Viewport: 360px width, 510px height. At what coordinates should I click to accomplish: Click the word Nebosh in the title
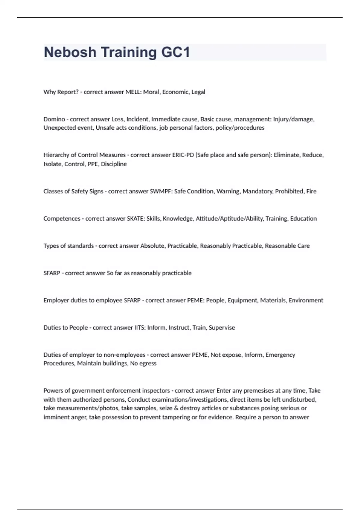pos(70,52)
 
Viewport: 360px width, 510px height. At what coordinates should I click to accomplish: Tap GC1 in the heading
pos(175,52)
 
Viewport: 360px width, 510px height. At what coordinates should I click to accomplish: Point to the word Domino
pos(54,119)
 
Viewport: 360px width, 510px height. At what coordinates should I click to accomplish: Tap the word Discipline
pos(114,164)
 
